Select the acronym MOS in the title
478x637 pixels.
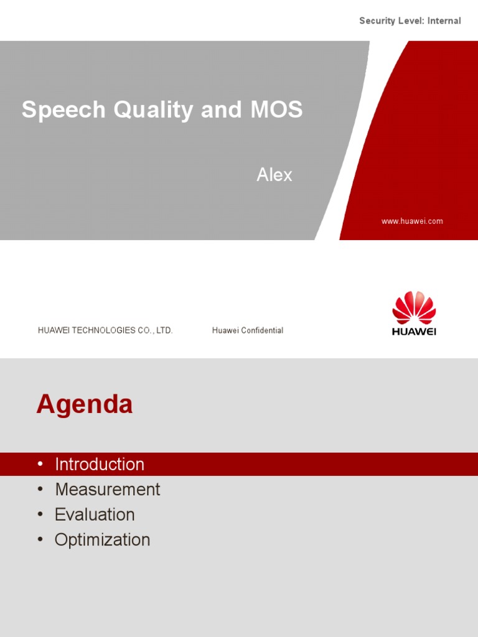(276, 109)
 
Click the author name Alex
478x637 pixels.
(274, 175)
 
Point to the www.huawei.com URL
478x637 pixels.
(412, 221)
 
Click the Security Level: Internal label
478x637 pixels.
(410, 21)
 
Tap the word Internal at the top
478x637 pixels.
(443, 21)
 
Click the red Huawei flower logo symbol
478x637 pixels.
(414, 307)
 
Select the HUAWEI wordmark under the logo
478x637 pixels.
(414, 332)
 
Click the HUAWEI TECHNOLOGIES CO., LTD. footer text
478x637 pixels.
(105, 330)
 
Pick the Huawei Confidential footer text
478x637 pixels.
(247, 330)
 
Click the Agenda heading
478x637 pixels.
(85, 404)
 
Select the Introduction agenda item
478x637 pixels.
(100, 464)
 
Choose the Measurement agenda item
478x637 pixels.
(107, 490)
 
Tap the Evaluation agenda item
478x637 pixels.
(95, 514)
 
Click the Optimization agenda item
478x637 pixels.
(102, 539)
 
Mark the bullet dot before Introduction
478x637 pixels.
(40, 464)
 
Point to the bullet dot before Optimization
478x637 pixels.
(40, 539)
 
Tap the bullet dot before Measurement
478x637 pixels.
(40, 490)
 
